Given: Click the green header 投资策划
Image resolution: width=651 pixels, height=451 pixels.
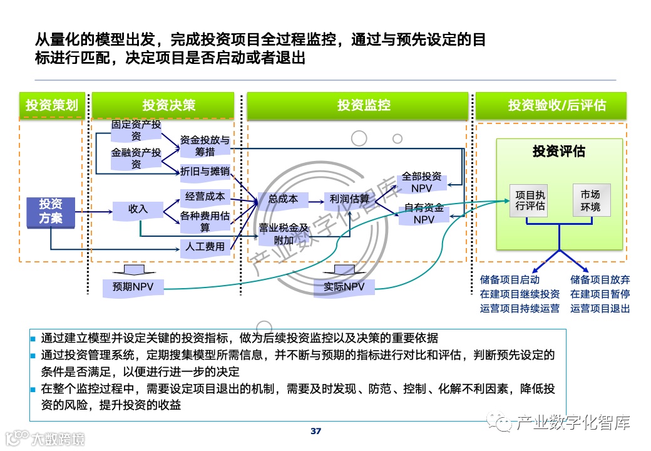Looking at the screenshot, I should (51, 105).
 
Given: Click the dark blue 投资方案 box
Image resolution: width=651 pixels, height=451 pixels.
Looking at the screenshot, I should (51, 210).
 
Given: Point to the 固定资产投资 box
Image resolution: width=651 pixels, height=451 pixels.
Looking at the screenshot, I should (136, 130).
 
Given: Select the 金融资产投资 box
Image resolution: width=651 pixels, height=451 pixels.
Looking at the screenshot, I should (136, 158).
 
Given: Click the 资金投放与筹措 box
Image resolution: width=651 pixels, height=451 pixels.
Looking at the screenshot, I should (204, 146).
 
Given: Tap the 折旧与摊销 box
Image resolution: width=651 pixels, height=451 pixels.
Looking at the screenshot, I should (204, 171).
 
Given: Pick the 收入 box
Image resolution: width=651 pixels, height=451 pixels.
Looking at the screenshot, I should (138, 209).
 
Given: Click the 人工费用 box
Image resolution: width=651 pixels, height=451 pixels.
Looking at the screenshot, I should (204, 247).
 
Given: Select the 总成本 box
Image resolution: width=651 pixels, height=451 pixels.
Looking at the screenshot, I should (283, 199).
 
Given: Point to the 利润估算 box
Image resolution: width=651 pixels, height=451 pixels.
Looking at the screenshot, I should (349, 199).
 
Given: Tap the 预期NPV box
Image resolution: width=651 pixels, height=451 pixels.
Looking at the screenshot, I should (133, 287).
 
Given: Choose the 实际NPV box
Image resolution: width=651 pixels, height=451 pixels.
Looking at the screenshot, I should (344, 287).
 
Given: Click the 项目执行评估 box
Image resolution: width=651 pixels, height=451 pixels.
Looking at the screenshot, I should (530, 200).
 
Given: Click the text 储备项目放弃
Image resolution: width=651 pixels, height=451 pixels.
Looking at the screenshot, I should (600, 280).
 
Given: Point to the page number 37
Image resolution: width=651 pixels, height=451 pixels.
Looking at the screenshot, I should (315, 431).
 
